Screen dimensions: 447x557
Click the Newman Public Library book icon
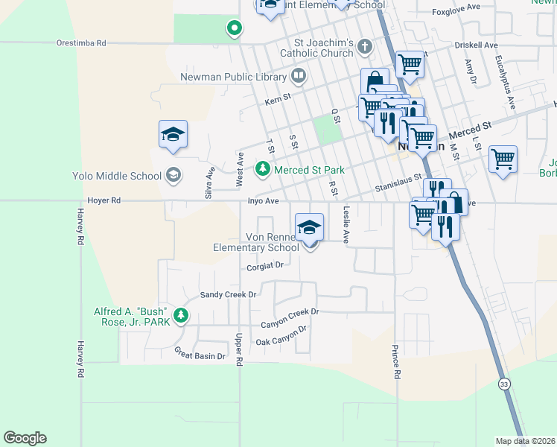click(298, 76)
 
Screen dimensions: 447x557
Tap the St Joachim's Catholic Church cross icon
click(364, 47)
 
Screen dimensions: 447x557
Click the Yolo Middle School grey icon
click(173, 176)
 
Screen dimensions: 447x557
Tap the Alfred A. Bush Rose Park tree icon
click(180, 316)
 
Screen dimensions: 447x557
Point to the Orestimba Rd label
click(81, 43)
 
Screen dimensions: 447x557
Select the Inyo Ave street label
click(263, 201)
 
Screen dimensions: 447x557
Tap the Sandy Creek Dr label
click(228, 295)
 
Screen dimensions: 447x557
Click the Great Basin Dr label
click(200, 356)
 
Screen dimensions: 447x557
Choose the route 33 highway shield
click(505, 384)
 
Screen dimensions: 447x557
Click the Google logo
click(25, 438)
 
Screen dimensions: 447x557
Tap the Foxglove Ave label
click(455, 13)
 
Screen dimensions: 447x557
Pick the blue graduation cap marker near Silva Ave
click(173, 134)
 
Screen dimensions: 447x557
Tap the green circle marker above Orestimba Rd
click(234, 29)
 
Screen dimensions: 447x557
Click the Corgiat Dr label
click(266, 265)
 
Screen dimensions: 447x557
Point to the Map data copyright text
click(525, 441)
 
